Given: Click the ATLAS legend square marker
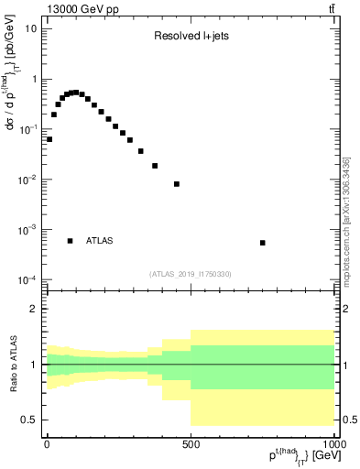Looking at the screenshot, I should pos(71,241).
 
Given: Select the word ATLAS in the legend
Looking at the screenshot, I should pos(100,241).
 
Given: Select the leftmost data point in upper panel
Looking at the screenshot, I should pos(49,139).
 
